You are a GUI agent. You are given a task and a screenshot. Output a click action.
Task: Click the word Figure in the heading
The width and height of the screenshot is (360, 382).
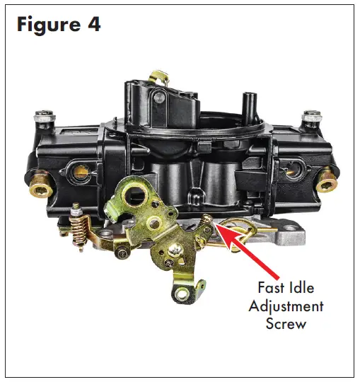[x=49, y=25]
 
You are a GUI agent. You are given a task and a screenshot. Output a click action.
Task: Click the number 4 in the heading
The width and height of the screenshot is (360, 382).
[x=93, y=25]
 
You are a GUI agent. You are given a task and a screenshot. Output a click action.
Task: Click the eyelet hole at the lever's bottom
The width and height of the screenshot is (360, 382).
[x=182, y=294]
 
